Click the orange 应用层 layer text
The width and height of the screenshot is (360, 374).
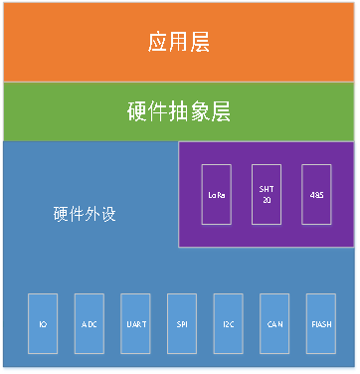[179, 43]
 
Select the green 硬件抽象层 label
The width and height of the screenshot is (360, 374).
[179, 111]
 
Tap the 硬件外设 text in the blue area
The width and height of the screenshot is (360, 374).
[85, 214]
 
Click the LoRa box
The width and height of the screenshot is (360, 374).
[216, 194]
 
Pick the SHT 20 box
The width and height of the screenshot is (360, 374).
[266, 194]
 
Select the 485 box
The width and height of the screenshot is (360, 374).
[317, 194]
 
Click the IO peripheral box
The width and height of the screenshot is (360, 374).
[43, 324]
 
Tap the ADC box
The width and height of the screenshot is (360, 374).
[90, 324]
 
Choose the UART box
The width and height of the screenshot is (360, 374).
[135, 324]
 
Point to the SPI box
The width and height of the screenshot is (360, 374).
[182, 324]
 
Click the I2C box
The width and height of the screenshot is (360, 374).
[229, 324]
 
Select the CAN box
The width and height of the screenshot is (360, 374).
[275, 324]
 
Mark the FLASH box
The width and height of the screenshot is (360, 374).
[322, 324]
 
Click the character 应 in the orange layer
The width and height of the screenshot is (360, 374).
[158, 43]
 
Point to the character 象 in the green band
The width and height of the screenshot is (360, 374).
[200, 111]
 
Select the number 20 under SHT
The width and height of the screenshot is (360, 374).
[266, 200]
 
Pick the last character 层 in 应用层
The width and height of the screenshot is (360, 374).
[200, 43]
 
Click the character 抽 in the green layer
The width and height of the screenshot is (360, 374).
[179, 111]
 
